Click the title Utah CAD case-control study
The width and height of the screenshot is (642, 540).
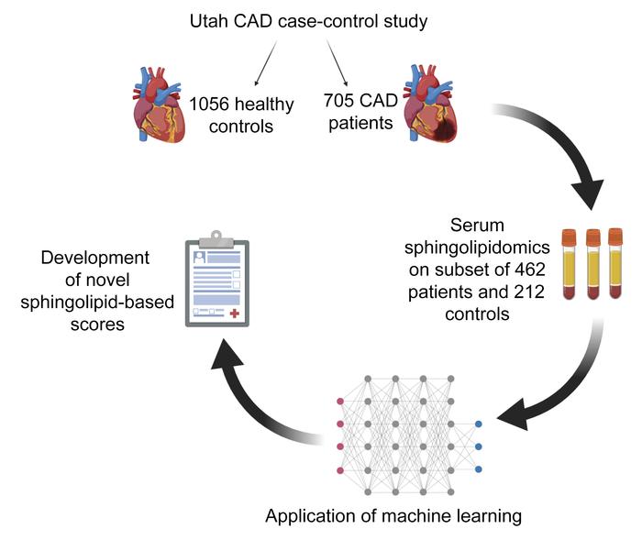coord(321,19)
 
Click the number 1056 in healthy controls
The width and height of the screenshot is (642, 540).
coord(209,104)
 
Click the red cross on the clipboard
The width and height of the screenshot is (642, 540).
coord(235,314)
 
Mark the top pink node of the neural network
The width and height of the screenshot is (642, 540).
coord(341,401)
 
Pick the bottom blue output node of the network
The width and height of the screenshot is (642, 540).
coord(479,469)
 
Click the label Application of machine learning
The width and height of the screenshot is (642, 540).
coord(393,516)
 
